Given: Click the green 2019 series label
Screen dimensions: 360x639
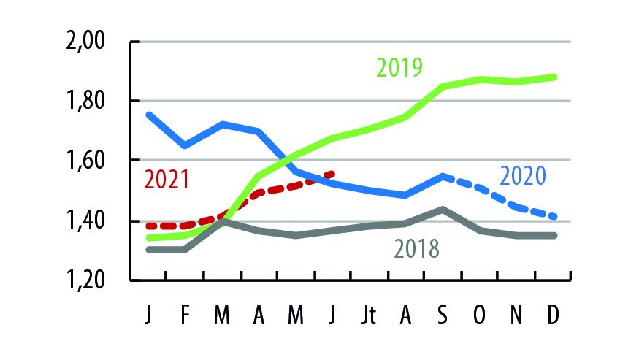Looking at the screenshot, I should click(399, 68).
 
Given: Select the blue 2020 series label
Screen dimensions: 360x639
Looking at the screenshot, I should click(523, 176).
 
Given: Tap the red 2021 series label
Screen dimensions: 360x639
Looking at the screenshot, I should click(166, 179).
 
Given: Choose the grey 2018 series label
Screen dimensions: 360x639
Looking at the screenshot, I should click(416, 249).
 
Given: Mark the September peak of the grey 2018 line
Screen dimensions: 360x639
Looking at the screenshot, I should click(443, 209).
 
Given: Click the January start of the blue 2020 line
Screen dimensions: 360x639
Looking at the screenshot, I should click(148, 114).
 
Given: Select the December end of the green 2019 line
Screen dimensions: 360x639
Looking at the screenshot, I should click(554, 77).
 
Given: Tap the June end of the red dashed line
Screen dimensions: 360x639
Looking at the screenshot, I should click(333, 174).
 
